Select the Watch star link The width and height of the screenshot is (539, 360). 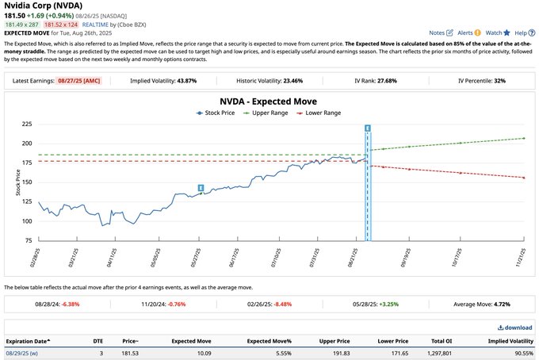coord(497,33)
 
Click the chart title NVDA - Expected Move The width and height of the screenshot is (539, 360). coord(268,101)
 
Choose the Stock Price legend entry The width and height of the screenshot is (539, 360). coord(220,113)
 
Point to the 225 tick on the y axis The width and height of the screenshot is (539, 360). coord(26,124)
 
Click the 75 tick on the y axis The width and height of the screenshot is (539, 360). coord(28,240)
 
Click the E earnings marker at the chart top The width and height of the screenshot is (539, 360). coord(368,128)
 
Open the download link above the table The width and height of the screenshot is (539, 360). coord(515,327)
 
